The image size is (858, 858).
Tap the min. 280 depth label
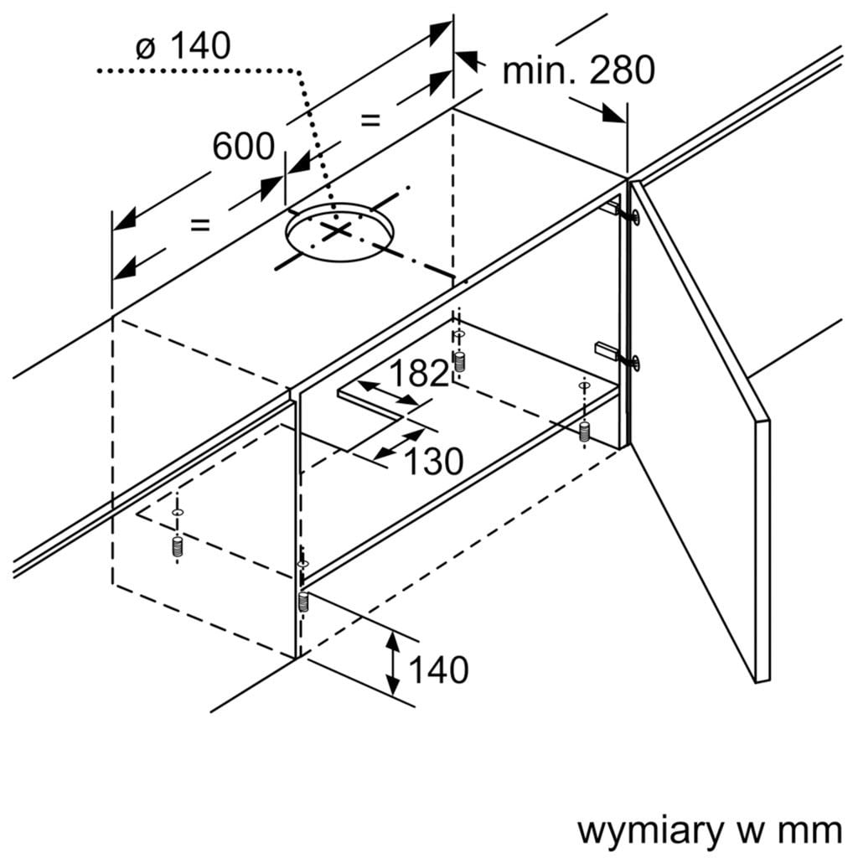(578, 70)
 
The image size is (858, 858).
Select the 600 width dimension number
(243, 146)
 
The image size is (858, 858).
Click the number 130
(434, 460)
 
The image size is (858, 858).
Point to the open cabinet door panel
(700, 436)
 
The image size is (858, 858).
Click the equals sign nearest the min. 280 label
(370, 119)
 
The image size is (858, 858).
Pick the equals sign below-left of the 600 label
(199, 224)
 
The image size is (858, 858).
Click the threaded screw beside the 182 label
(458, 362)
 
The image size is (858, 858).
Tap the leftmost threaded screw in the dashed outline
(177, 545)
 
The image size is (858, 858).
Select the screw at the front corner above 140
(302, 602)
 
